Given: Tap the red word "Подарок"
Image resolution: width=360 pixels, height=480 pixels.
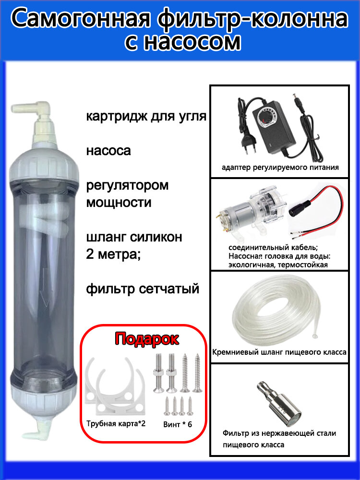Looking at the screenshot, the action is tap(147, 339).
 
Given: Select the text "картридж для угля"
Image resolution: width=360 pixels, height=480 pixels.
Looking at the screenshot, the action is tap(146, 117).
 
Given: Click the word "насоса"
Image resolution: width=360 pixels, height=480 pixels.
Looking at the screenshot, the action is tap(108, 151).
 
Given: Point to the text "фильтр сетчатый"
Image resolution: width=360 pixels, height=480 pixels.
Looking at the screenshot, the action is tap(143, 288).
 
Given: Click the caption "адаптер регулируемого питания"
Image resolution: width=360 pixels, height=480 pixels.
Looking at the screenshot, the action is tap(280, 168).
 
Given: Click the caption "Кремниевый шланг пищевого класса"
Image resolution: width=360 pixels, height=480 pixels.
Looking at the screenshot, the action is tap(279, 352).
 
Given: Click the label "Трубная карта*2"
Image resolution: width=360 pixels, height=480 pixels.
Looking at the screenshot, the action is tap(116, 424).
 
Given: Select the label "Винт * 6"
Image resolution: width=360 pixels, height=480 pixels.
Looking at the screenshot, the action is tap(178, 424).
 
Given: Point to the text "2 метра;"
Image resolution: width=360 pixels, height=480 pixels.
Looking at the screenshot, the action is tap(113, 254).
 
